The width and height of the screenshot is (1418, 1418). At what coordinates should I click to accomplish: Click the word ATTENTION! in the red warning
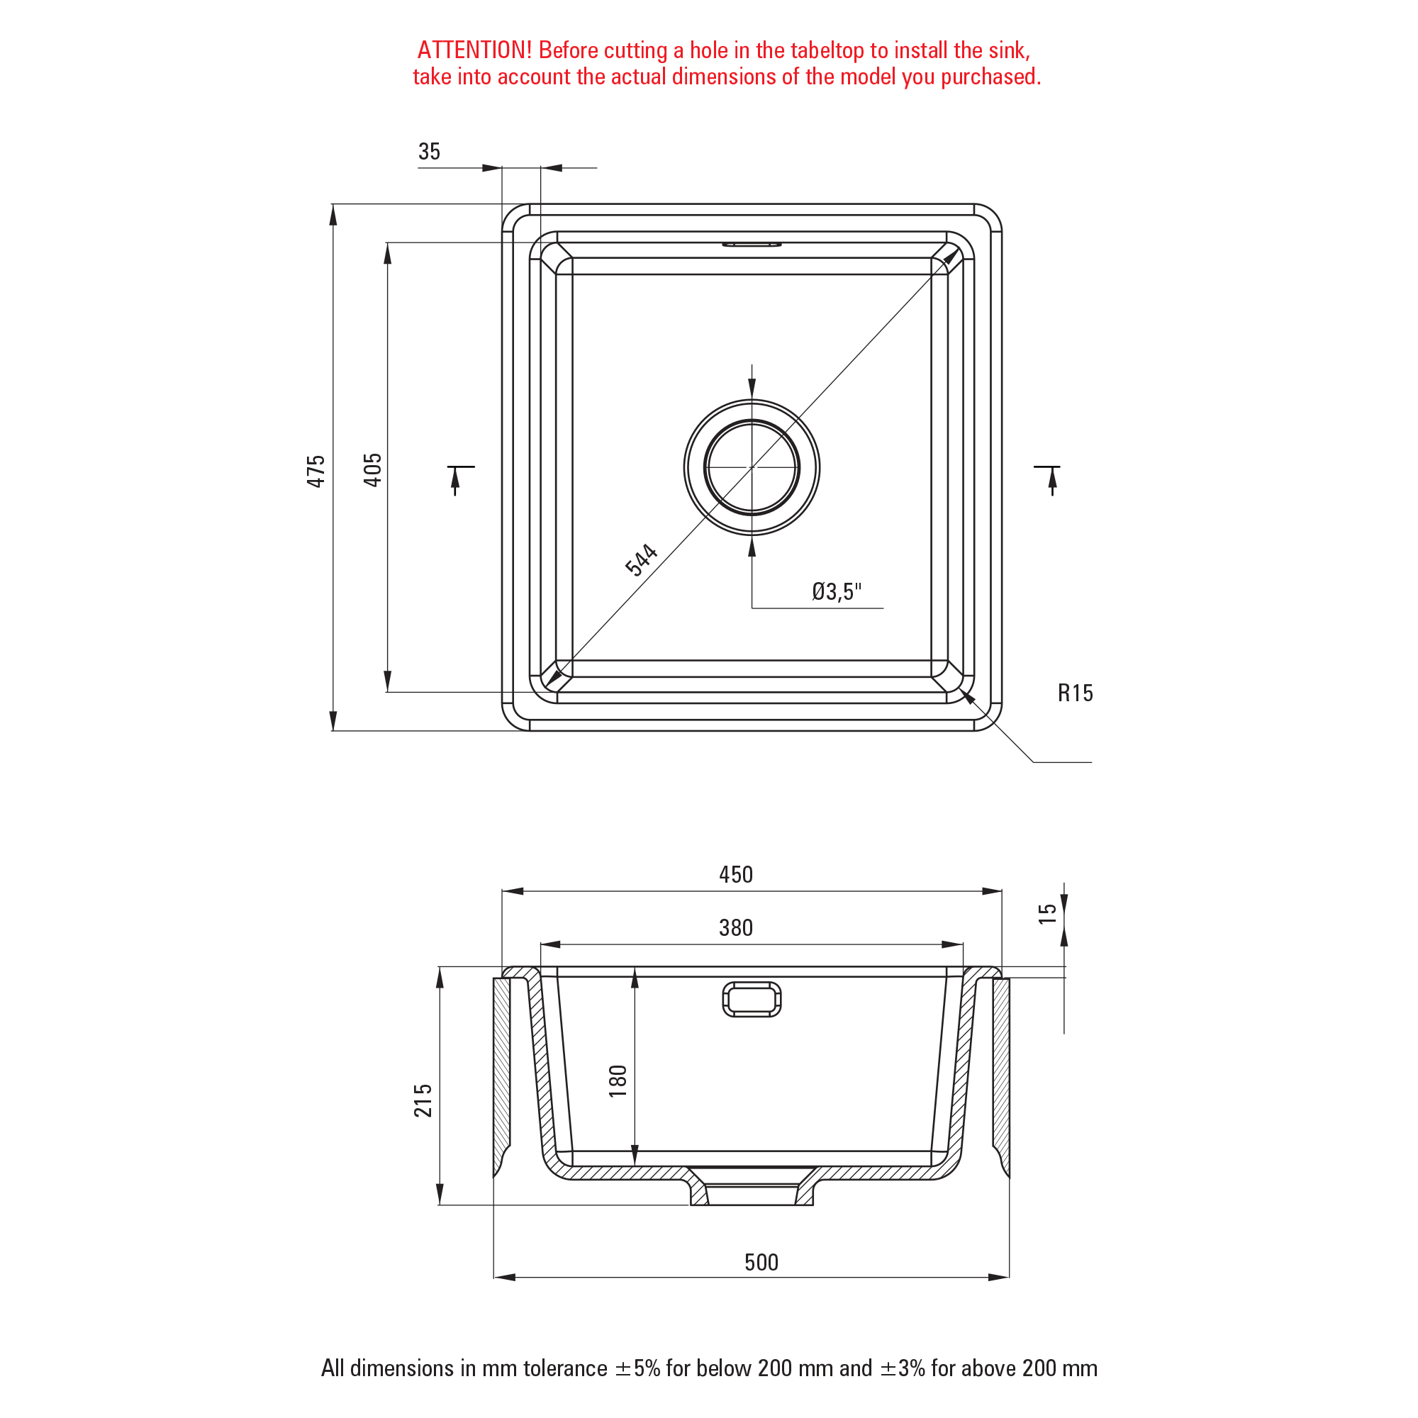[474, 50]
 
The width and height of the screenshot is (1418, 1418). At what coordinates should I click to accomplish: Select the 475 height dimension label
[316, 471]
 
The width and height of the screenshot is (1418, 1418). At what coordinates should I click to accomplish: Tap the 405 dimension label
[373, 471]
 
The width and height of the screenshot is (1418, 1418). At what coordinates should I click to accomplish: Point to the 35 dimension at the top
[430, 152]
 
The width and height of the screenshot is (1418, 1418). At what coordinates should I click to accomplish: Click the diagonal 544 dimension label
[642, 560]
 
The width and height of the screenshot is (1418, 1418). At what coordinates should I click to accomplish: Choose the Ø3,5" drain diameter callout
[837, 591]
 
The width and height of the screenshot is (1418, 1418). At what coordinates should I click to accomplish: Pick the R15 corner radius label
[1076, 693]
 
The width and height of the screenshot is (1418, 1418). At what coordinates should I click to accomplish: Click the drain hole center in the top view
[752, 467]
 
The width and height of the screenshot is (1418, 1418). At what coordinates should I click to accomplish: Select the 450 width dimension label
[736, 875]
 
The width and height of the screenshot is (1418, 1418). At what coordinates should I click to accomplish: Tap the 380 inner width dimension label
[736, 927]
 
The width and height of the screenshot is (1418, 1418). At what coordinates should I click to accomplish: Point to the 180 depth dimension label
[618, 1081]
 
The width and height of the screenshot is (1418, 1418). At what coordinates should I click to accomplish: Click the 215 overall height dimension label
[423, 1100]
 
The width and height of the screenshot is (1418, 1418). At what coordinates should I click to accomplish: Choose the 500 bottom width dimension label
[761, 1263]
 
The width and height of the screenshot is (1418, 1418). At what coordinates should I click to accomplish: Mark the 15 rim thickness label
[1047, 914]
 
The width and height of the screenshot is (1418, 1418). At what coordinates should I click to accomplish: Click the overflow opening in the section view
[752, 999]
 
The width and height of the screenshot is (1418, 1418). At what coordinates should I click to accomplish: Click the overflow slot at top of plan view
[752, 245]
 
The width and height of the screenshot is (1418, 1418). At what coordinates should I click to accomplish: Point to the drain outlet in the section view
[752, 1186]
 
